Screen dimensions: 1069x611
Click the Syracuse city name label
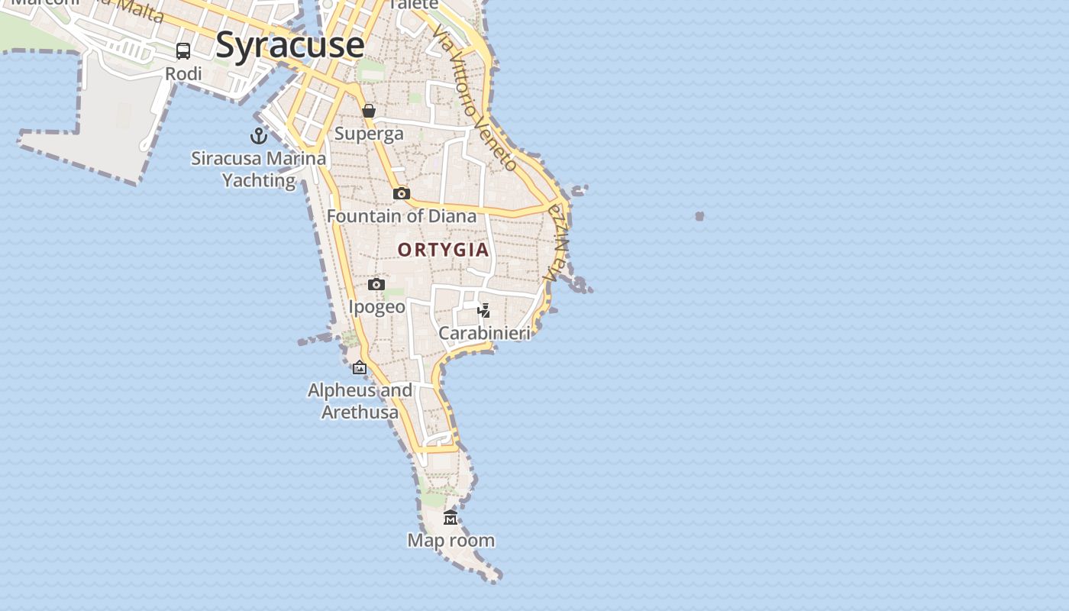pyautogui.click(x=290, y=44)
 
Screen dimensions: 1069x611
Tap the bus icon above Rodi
pyautogui.click(x=183, y=51)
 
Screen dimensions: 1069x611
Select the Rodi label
pyautogui.click(x=184, y=73)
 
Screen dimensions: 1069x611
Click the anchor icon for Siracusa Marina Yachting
pyautogui.click(x=259, y=136)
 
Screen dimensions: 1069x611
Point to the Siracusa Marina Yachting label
pyautogui.click(x=258, y=170)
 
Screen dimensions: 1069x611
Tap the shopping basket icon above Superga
pyautogui.click(x=369, y=112)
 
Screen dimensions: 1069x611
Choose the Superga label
pyautogui.click(x=369, y=134)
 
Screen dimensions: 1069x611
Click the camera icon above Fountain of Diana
pyautogui.click(x=402, y=194)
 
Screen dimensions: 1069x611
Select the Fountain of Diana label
pyautogui.click(x=402, y=216)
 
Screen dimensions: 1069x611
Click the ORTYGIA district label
pyautogui.click(x=443, y=250)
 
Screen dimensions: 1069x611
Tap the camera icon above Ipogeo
pyautogui.click(x=376, y=285)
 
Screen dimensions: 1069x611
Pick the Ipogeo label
pyautogui.click(x=376, y=307)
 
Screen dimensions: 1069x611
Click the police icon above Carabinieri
pyautogui.click(x=483, y=310)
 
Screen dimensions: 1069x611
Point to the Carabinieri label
pyautogui.click(x=484, y=333)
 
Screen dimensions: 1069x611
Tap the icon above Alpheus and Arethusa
pyautogui.click(x=360, y=368)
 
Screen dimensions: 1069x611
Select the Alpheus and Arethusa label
pyautogui.click(x=360, y=401)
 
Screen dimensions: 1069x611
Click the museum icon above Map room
pyautogui.click(x=451, y=518)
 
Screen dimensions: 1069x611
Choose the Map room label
pyautogui.click(x=451, y=541)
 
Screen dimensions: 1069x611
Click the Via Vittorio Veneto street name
pyautogui.click(x=473, y=98)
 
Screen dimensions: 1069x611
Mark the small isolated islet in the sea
pyautogui.click(x=699, y=216)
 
